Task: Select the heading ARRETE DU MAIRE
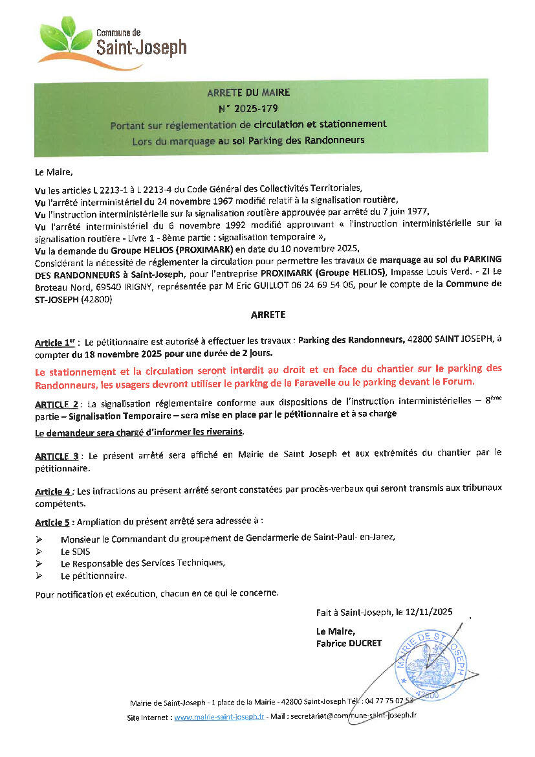pos(248,92)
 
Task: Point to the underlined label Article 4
pos(53,491)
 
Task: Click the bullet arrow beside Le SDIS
pos(39,551)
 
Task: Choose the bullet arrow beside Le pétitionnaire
pos(39,575)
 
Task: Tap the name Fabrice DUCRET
pos(349,643)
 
